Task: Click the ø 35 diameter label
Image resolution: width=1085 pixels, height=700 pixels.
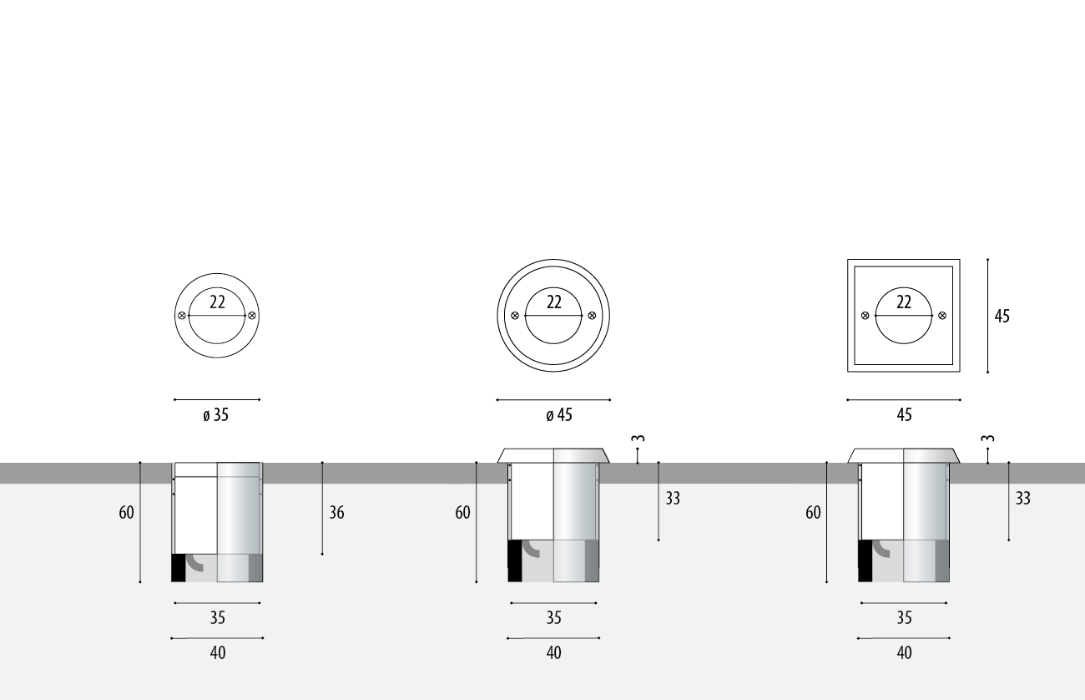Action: pos(215,415)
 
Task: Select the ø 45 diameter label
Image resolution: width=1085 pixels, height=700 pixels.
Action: pos(559,415)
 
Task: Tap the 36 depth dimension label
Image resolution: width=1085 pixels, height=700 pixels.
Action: pos(336,512)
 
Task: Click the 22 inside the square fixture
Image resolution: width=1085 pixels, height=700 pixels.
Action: pos(904,302)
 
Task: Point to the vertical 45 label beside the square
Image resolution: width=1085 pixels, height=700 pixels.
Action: pos(1002,316)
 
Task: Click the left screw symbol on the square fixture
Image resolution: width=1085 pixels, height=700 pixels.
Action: pos(865,316)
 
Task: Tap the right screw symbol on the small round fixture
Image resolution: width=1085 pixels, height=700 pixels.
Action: pos(252,316)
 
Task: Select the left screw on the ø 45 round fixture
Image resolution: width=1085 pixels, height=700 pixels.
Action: pos(515,316)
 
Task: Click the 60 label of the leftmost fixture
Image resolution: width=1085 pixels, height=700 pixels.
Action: pos(126,512)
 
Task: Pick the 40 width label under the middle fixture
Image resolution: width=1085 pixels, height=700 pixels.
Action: pos(553,653)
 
